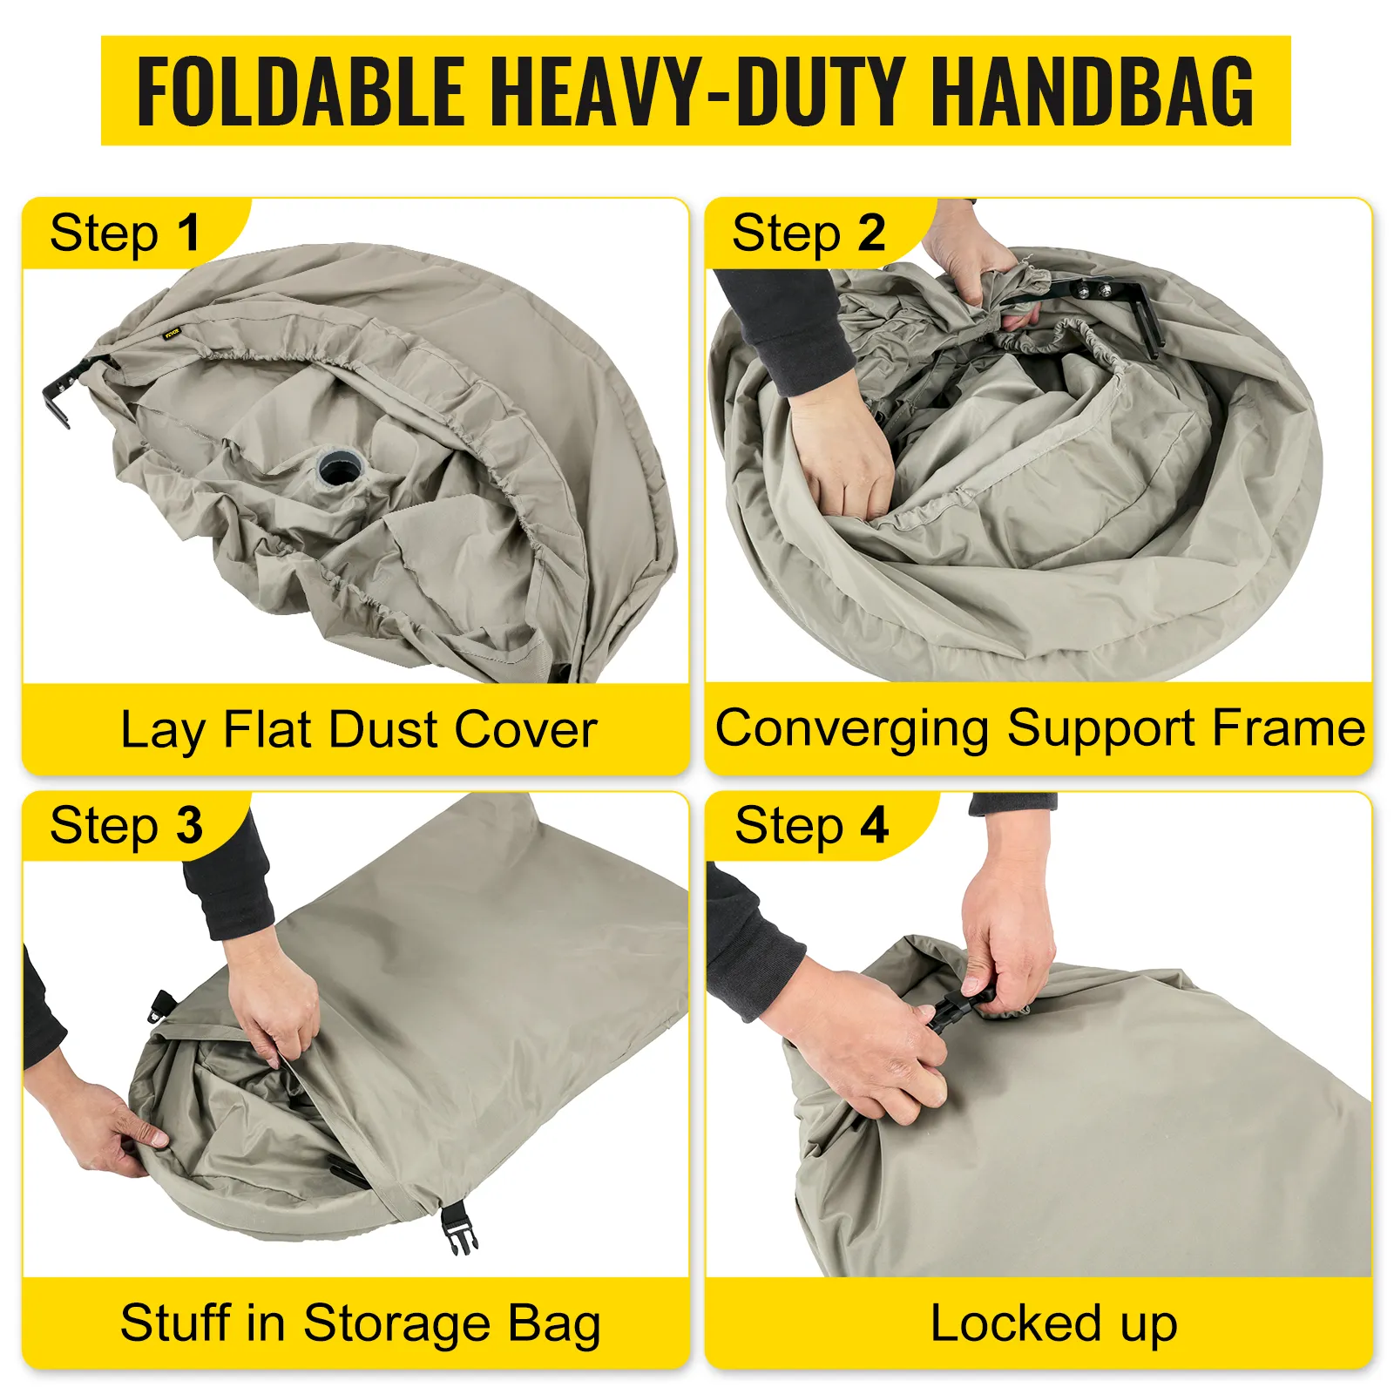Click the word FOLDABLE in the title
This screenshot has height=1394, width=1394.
tap(301, 91)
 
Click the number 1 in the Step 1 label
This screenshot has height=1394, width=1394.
tap(188, 233)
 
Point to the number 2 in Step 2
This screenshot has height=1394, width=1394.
tap(871, 233)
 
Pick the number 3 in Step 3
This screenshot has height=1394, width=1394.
tap(189, 825)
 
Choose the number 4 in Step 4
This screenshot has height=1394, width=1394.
tap(875, 825)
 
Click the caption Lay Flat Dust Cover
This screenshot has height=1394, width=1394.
tap(359, 730)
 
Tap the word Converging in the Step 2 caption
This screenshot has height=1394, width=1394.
tap(852, 730)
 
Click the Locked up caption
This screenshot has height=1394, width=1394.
tap(1053, 1324)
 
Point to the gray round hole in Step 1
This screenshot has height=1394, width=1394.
tap(338, 468)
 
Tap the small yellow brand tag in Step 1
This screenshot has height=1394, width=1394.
tap(172, 333)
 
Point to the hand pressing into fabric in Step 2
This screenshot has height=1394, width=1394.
tap(841, 453)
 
